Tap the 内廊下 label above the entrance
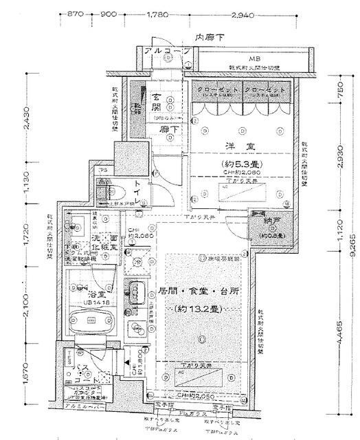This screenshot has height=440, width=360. [x=207, y=38]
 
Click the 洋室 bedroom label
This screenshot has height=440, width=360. [x=237, y=146]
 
